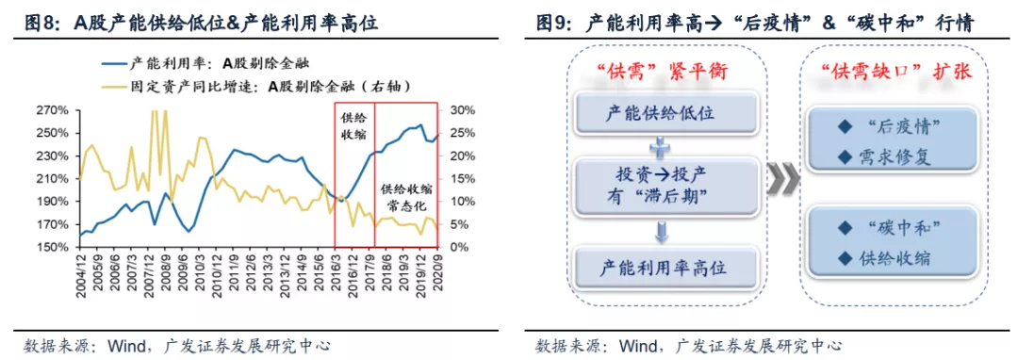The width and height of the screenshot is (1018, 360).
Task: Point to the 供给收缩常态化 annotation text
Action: pos(406,197)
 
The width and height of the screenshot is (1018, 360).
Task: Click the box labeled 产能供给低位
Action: pos(668,115)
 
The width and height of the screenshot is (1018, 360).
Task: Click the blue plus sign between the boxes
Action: pos(661,147)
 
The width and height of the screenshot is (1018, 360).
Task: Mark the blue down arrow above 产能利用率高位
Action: pos(661,231)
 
